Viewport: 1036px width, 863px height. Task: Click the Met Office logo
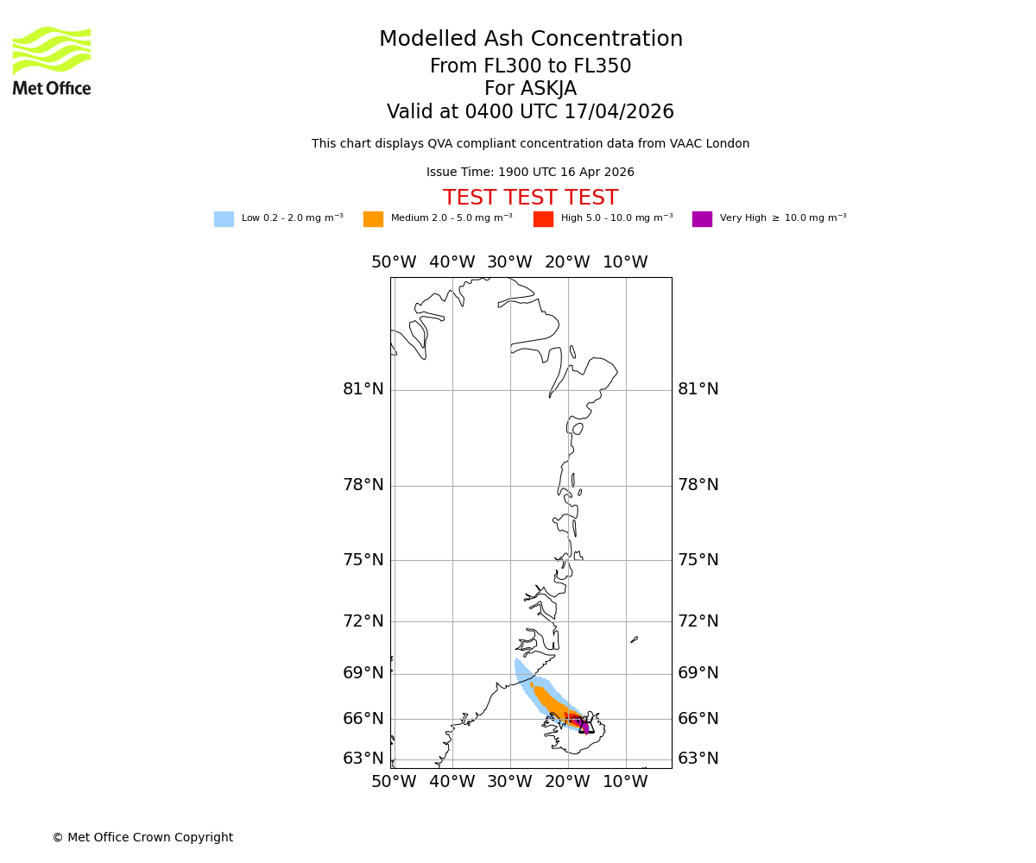[52, 60]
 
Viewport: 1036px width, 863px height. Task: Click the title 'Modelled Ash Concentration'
[530, 40]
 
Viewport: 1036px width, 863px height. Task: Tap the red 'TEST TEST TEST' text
[530, 198]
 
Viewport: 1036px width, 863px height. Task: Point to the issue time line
[530, 173]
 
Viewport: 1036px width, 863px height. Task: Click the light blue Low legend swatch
[224, 219]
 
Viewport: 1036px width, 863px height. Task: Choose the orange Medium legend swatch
[373, 219]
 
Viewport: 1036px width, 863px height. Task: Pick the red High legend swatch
[543, 219]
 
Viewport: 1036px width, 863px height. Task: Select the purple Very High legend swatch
[702, 219]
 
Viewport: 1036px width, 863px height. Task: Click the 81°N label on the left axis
[363, 389]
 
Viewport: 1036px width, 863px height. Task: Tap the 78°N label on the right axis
[698, 485]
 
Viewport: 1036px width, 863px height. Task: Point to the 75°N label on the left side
[363, 560]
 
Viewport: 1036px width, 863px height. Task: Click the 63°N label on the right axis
[698, 759]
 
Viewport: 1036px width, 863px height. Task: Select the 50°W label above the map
[394, 262]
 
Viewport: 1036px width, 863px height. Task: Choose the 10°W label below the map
[625, 782]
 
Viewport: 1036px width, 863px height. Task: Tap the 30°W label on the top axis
[509, 262]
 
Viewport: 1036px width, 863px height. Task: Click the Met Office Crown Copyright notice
[142, 838]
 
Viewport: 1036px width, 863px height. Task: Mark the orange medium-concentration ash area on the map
[550, 701]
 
